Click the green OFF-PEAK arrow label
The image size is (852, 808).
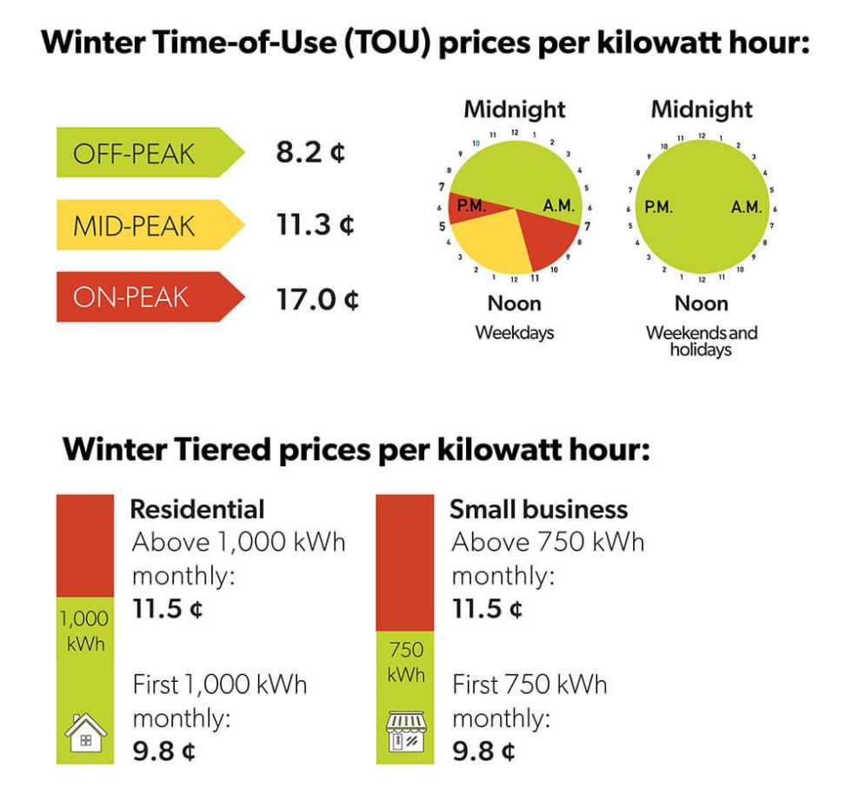click(x=148, y=153)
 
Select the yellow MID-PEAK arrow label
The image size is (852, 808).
click(x=148, y=225)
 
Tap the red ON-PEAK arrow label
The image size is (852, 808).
click(x=148, y=297)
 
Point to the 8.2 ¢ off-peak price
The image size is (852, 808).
click(x=310, y=153)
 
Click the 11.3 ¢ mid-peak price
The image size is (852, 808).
click(x=316, y=225)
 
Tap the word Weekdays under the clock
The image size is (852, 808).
click(x=514, y=333)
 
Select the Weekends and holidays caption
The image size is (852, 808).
click(x=701, y=341)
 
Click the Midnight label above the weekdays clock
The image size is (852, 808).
click(x=514, y=110)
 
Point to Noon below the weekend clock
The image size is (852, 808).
click(x=701, y=304)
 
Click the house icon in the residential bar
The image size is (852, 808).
click(x=85, y=734)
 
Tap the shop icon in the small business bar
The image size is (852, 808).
click(x=405, y=733)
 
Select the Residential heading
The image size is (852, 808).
click(x=197, y=509)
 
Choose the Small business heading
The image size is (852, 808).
click(x=538, y=509)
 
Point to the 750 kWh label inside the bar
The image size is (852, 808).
click(x=405, y=662)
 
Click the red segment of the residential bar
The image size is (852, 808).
click(x=84, y=545)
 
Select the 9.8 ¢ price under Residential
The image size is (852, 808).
click(x=163, y=751)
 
